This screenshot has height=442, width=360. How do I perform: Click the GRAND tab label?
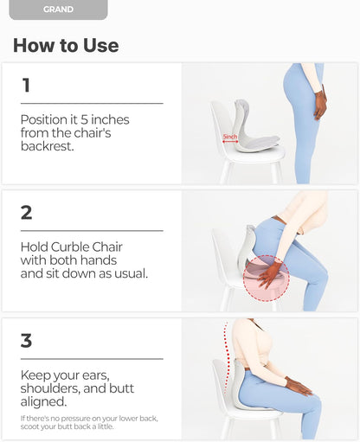58,10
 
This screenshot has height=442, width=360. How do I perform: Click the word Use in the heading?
100,45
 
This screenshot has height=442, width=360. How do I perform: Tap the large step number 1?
26,85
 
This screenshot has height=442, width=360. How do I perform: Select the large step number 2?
26,213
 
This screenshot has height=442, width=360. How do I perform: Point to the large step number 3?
26,341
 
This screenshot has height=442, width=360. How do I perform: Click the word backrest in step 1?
46,146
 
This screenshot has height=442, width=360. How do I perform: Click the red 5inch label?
230,137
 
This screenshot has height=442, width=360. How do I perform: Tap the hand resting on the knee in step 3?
299,386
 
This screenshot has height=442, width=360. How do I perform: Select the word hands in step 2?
98,260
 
